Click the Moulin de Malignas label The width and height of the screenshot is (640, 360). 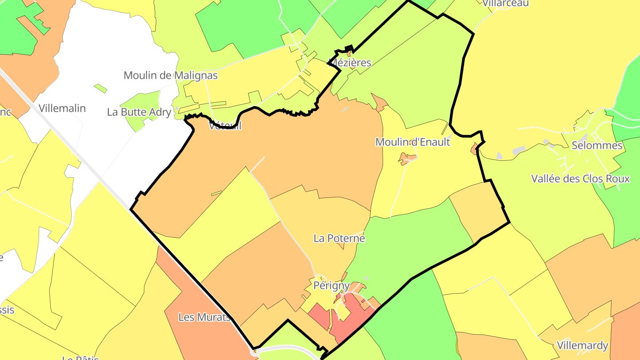pos(171,76)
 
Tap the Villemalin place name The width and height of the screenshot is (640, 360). pos(62,108)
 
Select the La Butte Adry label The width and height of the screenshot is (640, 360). pos(139,112)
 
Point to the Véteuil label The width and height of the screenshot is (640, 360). pos(225,126)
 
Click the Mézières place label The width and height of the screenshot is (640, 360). pos(350,63)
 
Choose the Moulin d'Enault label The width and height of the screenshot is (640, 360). pos(412,142)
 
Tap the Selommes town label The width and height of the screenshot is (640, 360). pos(597,145)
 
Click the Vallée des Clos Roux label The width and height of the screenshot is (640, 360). pos(580,179)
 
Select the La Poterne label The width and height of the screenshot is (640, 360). pos(339,239)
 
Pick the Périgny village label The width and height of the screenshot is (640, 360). pos(332,285)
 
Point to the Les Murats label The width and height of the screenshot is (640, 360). pos(205,317)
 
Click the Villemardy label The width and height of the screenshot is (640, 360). pos(582,346)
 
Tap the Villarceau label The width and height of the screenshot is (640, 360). pos(506,3)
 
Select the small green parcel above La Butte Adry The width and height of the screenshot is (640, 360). pos(100,88)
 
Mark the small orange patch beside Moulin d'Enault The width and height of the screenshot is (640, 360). pos(406,158)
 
